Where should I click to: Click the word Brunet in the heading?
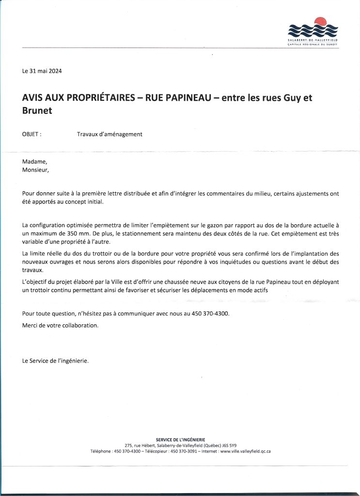[x=37, y=110]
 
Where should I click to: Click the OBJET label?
[x=31, y=134]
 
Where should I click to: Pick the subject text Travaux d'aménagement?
[x=110, y=134]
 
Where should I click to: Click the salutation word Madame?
[x=35, y=162]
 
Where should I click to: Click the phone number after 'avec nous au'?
[x=210, y=313]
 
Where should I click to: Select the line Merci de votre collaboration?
[x=60, y=325]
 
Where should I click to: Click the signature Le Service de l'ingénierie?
[x=55, y=361]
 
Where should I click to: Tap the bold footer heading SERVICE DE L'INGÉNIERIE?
[x=180, y=439]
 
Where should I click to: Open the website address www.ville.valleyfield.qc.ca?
[x=245, y=451]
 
